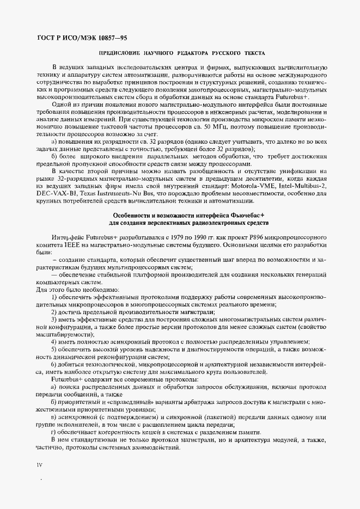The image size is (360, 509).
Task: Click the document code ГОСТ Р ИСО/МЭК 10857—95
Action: pos(81,38)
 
